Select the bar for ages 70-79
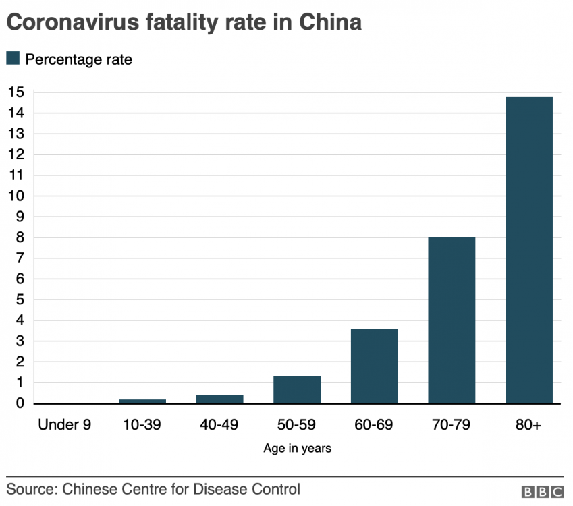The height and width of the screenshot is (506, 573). [452, 320]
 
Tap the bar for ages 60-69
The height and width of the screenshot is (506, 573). [374, 366]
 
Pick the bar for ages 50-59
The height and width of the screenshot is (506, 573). [297, 389]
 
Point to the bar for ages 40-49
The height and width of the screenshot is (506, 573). [219, 399]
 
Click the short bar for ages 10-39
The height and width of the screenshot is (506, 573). [142, 401]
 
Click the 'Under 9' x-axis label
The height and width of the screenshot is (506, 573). [65, 424]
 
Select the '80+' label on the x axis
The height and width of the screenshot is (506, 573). [528, 424]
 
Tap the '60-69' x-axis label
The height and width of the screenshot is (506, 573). [374, 424]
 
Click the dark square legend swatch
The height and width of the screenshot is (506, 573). [13, 59]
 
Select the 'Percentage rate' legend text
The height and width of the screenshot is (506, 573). [78, 59]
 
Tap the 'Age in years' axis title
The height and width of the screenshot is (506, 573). [297, 448]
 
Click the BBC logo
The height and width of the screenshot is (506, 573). [543, 491]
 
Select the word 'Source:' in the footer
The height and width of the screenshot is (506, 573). [30, 488]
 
